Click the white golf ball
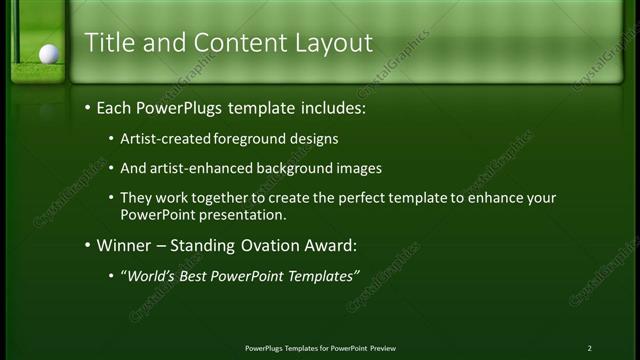[48, 54]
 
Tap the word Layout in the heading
[334, 43]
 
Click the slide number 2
[589, 347]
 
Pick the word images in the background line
[359, 168]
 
